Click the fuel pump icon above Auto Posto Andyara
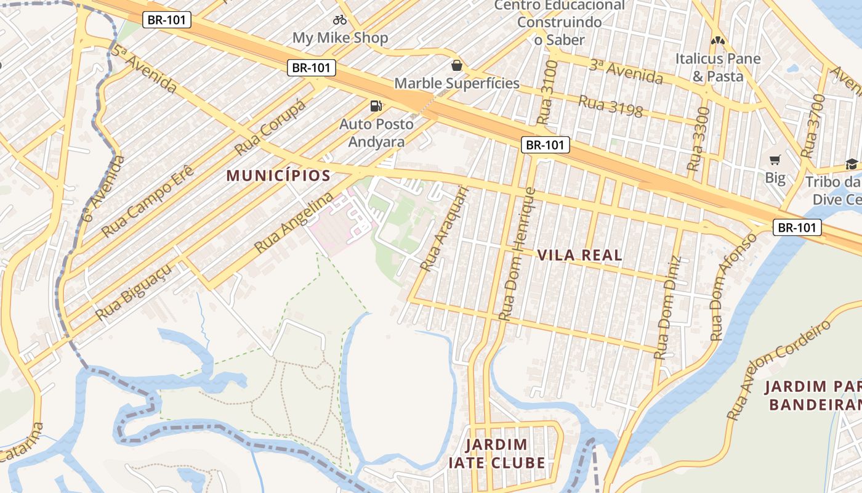376,106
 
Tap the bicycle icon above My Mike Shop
340,20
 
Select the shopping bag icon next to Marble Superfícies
457,65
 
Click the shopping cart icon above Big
775,160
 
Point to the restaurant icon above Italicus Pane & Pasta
717,41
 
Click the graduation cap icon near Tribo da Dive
852,164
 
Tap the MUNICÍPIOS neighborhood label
278,176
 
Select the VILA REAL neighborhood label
579,255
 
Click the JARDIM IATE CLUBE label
497,454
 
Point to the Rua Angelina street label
294,223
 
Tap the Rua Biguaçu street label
133,293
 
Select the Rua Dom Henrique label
517,253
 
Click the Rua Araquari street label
444,229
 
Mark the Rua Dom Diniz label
669,308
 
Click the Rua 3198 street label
610,107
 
